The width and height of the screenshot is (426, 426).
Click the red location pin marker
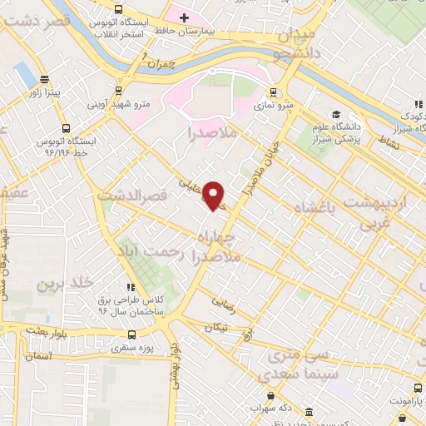pos(215,195)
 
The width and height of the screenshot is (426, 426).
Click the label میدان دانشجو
pos(290,45)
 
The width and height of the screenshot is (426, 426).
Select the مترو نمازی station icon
pos(272,93)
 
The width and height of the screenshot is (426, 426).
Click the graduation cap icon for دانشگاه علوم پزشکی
pos(335,115)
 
